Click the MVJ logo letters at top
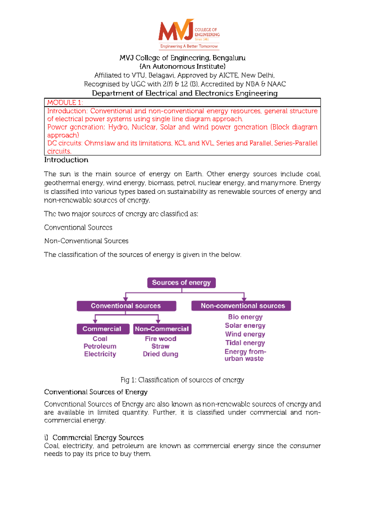coord(176,31)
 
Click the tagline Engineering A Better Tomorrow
coord(189,46)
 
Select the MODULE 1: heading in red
coord(65,103)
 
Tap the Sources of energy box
coord(181,283)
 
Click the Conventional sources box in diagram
coord(126,306)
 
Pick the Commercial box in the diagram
coord(102,329)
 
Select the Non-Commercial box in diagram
coord(162,329)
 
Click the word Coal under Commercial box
coord(100,339)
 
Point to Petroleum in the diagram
coord(100,346)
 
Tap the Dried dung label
coord(160,354)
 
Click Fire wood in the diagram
coord(160,339)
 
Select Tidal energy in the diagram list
coord(245,343)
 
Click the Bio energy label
coord(245,317)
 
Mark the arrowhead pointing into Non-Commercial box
coord(158,321)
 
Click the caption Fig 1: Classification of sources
coord(182,380)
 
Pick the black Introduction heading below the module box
coord(66,160)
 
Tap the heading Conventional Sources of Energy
coord(96,392)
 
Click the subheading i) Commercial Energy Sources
coord(94,438)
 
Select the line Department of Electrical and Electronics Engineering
coord(185,93)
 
